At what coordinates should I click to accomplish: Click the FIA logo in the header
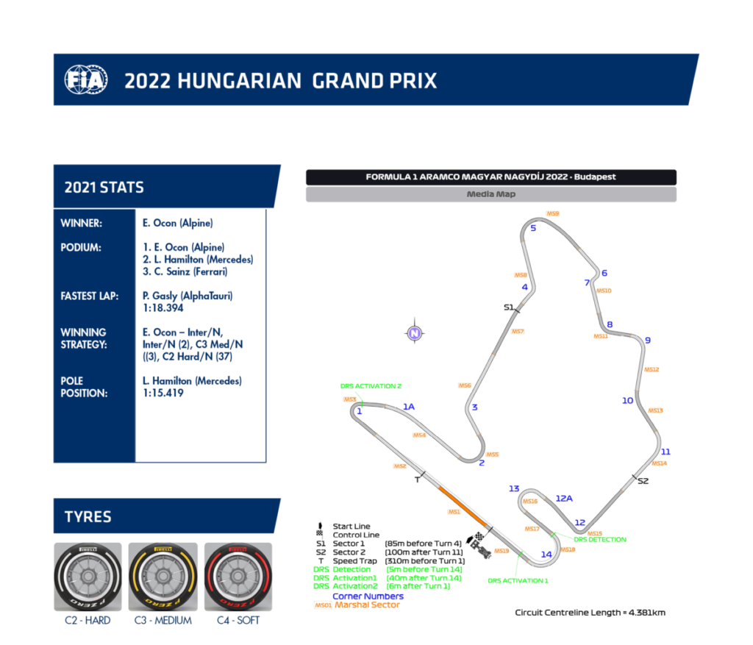click(x=86, y=79)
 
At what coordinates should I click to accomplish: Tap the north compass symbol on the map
click(x=415, y=333)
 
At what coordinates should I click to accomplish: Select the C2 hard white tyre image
click(x=88, y=577)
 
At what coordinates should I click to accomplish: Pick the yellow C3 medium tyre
click(x=163, y=577)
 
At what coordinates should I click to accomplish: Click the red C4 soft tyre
click(x=238, y=577)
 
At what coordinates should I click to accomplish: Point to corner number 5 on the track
click(x=533, y=228)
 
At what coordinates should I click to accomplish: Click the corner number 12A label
click(x=564, y=498)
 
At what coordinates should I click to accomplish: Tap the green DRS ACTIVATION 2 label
click(x=371, y=385)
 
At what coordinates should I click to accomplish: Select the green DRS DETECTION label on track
click(x=600, y=539)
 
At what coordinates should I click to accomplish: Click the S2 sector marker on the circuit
click(x=643, y=481)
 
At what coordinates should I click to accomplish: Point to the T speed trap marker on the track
click(x=417, y=480)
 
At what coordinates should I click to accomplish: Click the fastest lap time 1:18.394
click(x=163, y=308)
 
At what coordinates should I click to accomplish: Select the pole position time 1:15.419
click(x=163, y=393)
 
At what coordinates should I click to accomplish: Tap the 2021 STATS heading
click(x=104, y=187)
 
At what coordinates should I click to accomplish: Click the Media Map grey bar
click(x=490, y=195)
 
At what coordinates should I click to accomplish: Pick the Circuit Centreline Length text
click(x=590, y=613)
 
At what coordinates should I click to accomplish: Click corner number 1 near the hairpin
click(x=360, y=411)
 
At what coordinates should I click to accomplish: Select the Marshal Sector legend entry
click(x=367, y=605)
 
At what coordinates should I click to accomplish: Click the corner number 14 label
click(x=546, y=555)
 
